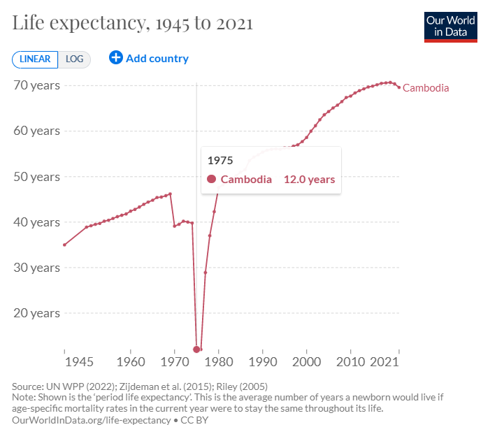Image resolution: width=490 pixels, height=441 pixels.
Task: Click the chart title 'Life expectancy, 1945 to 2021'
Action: (x=133, y=23)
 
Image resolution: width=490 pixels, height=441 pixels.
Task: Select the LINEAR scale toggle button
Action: (x=34, y=59)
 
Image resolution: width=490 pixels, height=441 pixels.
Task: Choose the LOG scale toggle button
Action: (x=74, y=59)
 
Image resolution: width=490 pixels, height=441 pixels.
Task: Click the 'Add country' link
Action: (x=149, y=59)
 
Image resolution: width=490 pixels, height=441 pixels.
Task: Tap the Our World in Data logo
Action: (x=450, y=26)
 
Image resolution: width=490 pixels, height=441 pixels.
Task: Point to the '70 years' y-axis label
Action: (x=36, y=85)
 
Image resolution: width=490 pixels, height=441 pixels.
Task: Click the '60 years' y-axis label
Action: (x=36, y=131)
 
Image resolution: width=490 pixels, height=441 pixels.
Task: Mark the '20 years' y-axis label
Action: (x=36, y=312)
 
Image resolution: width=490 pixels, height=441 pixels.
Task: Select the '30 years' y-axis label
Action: (x=36, y=267)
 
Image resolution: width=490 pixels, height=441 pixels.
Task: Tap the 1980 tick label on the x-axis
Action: (x=218, y=363)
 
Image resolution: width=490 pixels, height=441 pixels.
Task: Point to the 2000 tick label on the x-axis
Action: (x=306, y=363)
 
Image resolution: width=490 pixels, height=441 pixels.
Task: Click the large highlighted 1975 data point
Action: (x=196, y=349)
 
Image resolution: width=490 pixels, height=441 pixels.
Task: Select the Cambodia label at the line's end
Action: (x=426, y=88)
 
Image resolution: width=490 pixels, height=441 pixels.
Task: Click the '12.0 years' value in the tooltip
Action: (x=309, y=180)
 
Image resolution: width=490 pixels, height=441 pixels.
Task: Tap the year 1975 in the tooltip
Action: (x=220, y=160)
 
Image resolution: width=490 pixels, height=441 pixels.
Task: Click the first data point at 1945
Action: (x=64, y=245)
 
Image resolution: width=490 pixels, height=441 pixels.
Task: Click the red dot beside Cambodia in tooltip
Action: (x=211, y=180)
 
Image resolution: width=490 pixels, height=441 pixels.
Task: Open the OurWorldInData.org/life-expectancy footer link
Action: (x=91, y=420)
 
